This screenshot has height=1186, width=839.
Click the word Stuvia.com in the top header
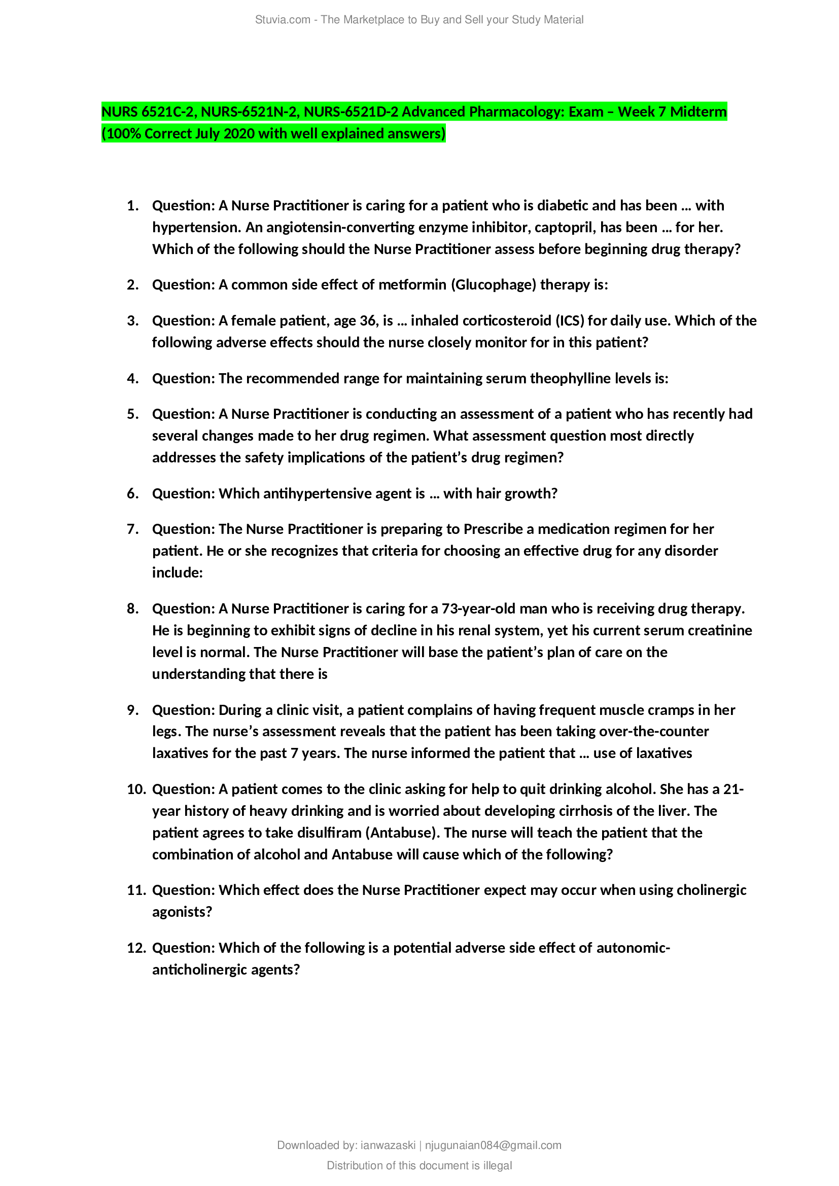click(x=282, y=20)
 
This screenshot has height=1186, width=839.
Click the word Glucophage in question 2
click(x=494, y=284)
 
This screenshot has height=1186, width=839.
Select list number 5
click(x=133, y=414)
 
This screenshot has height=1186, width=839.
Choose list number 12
click(x=136, y=948)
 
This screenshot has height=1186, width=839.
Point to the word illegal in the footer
click(x=497, y=1165)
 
